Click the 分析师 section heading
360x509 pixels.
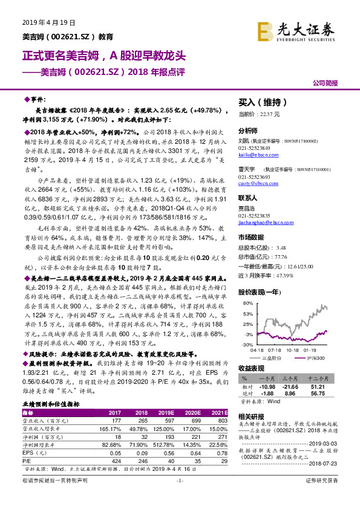(247, 131)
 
